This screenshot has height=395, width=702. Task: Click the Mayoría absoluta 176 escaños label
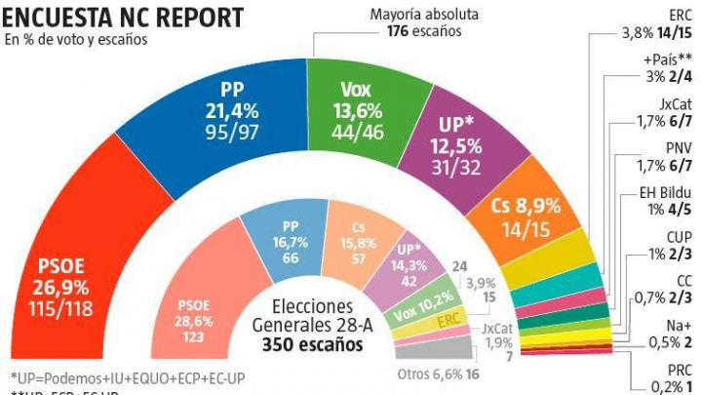click(416, 21)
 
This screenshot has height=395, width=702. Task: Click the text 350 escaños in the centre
click(304, 345)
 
